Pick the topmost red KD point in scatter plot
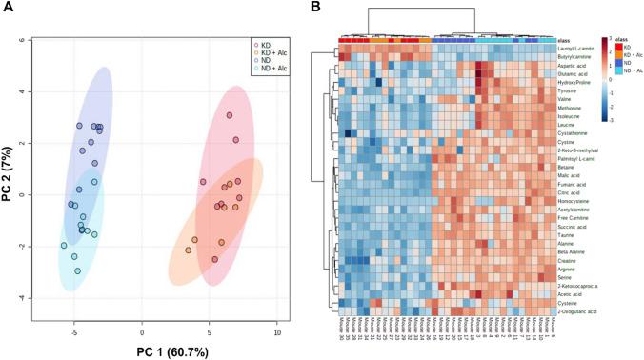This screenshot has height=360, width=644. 230,115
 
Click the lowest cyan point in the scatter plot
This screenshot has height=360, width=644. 77,270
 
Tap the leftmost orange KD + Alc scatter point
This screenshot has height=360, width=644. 189,250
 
